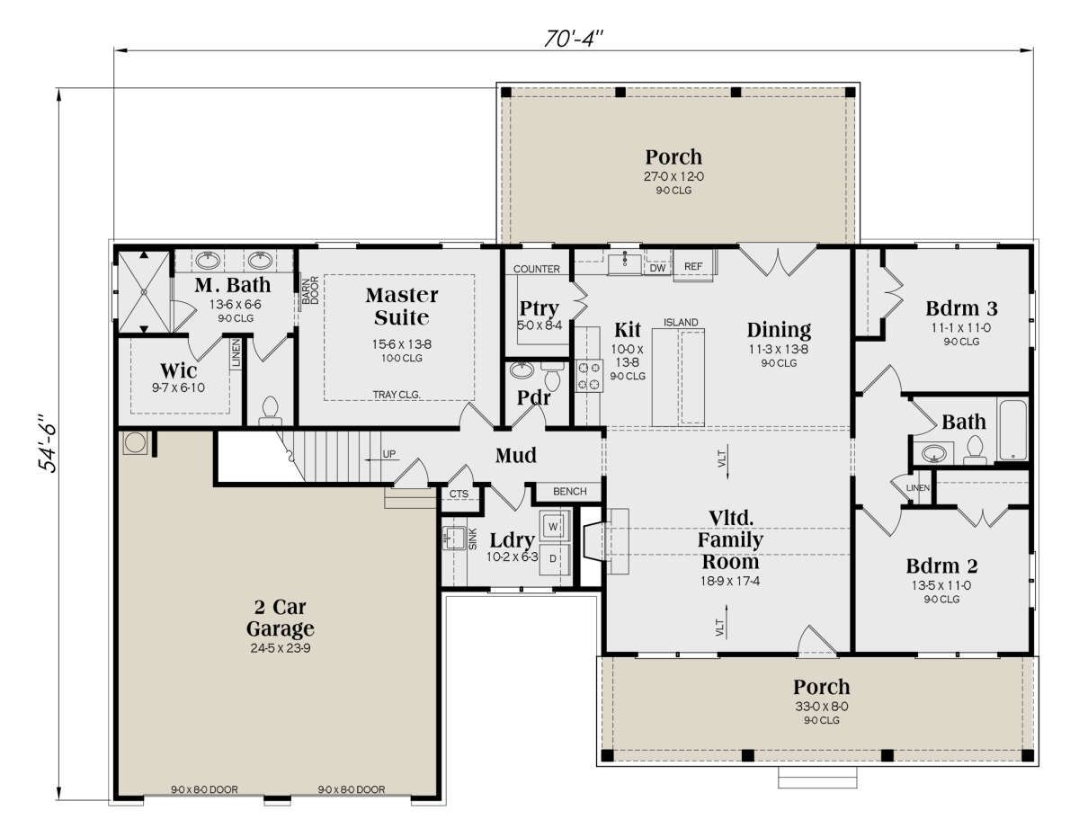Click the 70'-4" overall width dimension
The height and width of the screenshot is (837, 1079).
point(574,39)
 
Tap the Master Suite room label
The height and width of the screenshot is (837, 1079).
point(402,307)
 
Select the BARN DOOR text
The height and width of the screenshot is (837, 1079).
point(310,290)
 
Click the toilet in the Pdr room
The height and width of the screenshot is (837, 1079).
point(553,376)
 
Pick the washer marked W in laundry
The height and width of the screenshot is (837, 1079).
point(553,526)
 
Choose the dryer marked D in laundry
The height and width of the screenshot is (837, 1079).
point(553,559)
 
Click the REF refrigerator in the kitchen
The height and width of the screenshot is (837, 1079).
point(693,267)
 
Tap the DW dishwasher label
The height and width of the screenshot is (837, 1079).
point(657,269)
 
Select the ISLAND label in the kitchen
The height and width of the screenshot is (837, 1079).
point(681,323)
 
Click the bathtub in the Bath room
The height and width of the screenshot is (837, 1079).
point(1012,430)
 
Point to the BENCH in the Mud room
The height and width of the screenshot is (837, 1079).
point(569,492)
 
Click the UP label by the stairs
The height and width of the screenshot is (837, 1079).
point(389,454)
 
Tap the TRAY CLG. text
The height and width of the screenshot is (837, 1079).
point(397,395)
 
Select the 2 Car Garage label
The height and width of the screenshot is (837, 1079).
point(281,618)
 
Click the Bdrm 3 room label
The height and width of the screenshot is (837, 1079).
point(961,308)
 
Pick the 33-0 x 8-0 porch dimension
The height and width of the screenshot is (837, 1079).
point(822,707)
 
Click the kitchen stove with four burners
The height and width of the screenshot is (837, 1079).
point(589,376)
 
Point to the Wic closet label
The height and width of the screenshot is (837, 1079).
point(178,370)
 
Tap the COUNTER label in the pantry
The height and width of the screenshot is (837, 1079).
point(536,269)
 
